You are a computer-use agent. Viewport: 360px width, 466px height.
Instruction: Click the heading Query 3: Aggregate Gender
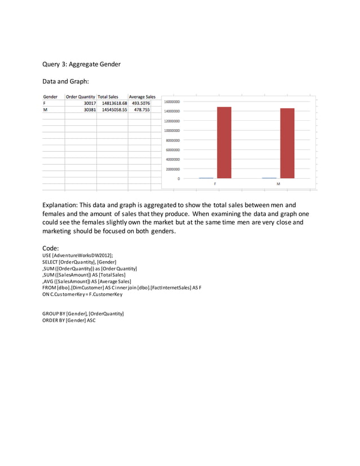pos(81,64)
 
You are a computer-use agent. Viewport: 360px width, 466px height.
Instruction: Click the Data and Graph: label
pos(66,82)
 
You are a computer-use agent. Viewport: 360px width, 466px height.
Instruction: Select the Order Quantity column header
pos(80,97)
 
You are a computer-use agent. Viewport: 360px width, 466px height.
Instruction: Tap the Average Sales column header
pos(142,97)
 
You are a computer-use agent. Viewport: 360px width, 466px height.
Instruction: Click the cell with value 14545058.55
pos(115,110)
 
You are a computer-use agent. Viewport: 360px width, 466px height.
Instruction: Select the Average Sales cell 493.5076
pos(141,103)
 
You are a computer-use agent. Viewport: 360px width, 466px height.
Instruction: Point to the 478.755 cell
pos(142,110)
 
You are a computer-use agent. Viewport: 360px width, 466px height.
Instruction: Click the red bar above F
pos(223,142)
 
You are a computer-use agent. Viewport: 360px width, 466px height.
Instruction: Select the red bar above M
pos(287,143)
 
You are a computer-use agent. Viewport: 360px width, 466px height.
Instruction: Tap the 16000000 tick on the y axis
pos(172,102)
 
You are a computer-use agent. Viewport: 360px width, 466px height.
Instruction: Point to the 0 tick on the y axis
pos(179,178)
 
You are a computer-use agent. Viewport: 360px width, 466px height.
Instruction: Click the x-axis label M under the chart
pos(278,184)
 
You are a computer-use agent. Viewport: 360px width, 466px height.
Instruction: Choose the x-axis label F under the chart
pos(215,184)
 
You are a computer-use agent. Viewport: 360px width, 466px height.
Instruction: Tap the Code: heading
pos(51,248)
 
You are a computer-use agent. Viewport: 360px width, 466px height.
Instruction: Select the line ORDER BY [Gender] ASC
pos(69,320)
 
